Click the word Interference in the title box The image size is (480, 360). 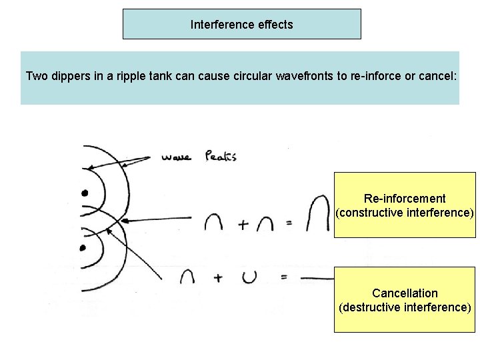[x=219, y=25]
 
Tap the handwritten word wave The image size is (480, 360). [x=176, y=158]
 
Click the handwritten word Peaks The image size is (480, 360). [x=221, y=157]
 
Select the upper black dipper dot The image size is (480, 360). [x=85, y=193]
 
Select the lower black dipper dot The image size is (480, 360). [x=83, y=248]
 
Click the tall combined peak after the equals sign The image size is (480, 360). [x=320, y=215]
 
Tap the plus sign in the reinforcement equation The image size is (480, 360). [x=243, y=225]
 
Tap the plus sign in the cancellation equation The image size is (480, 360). [x=218, y=278]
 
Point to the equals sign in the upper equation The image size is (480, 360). [x=289, y=224]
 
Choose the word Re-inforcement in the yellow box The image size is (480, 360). [x=405, y=199]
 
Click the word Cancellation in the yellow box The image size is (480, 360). [x=405, y=293]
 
